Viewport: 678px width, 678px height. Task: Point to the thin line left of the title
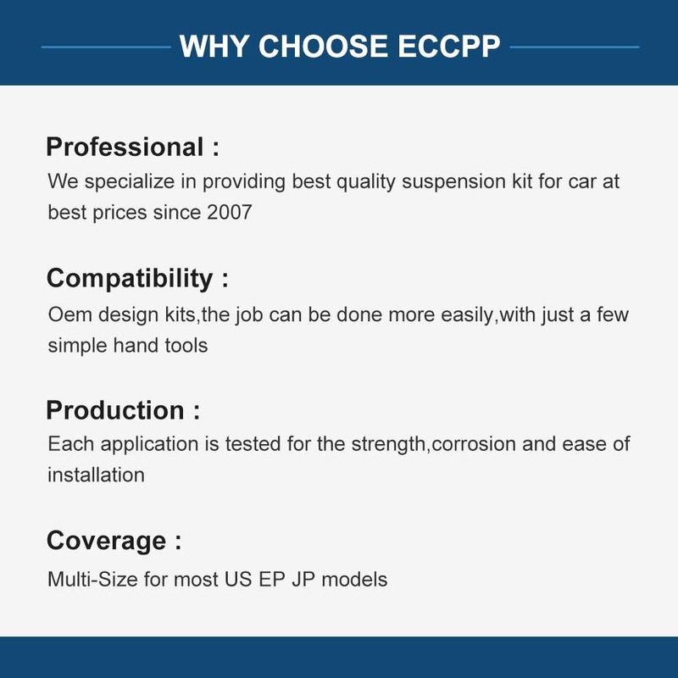click(x=106, y=47)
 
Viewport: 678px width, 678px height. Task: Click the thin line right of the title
click(x=574, y=47)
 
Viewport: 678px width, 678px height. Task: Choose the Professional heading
click(x=124, y=147)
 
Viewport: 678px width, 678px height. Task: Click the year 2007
click(x=229, y=212)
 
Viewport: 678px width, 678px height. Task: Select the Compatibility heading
click(x=130, y=278)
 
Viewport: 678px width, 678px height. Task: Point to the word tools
click(x=185, y=345)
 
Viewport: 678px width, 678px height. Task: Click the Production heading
click(x=115, y=410)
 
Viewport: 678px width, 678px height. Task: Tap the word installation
click(x=96, y=475)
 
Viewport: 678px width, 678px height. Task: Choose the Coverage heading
click(x=106, y=541)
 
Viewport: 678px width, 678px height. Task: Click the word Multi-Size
click(x=89, y=581)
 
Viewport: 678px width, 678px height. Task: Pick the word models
click(x=360, y=581)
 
